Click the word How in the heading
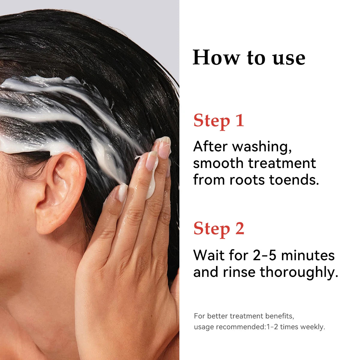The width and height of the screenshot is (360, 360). coord(216,57)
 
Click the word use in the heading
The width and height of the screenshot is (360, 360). coord(289,59)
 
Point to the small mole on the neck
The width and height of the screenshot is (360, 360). coord(29,253)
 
